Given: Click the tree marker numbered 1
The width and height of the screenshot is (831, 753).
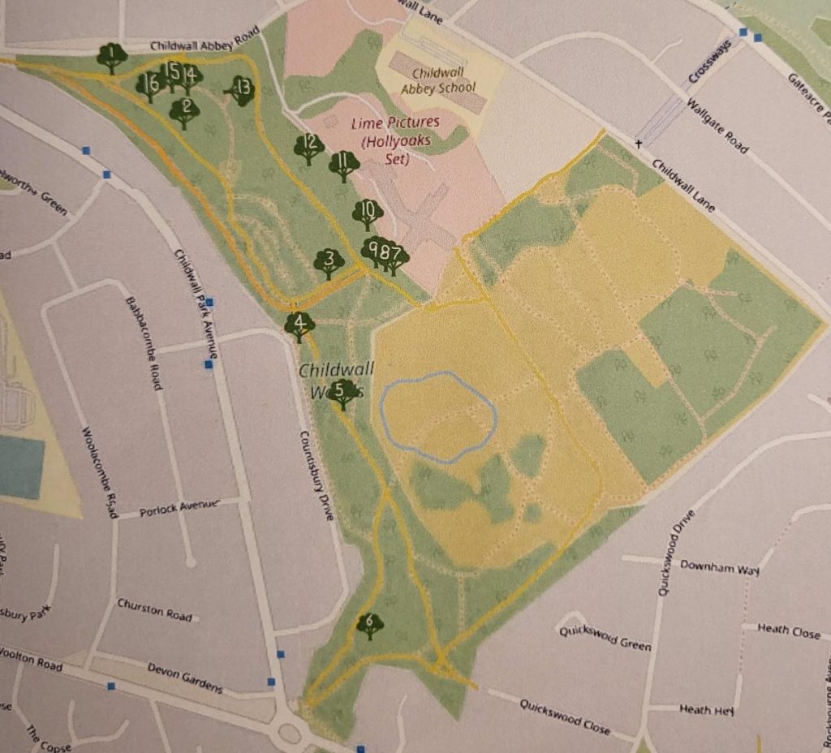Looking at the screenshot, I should pyautogui.click(x=111, y=57).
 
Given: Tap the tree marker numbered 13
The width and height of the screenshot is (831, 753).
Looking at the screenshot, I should pyautogui.click(x=241, y=89).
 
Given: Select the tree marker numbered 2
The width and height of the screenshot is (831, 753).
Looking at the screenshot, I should pyautogui.click(x=185, y=111).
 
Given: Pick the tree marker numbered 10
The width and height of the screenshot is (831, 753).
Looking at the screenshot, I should pyautogui.click(x=367, y=213).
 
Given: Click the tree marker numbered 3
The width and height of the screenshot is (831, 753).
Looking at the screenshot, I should pyautogui.click(x=329, y=262).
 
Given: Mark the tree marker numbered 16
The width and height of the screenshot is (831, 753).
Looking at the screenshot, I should pyautogui.click(x=150, y=84).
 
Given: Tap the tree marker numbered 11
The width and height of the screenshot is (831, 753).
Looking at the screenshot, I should pyautogui.click(x=344, y=165).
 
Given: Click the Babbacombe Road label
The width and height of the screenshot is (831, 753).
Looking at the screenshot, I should pyautogui.click(x=141, y=343).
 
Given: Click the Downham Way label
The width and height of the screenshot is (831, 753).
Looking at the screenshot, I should pyautogui.click(x=719, y=566).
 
